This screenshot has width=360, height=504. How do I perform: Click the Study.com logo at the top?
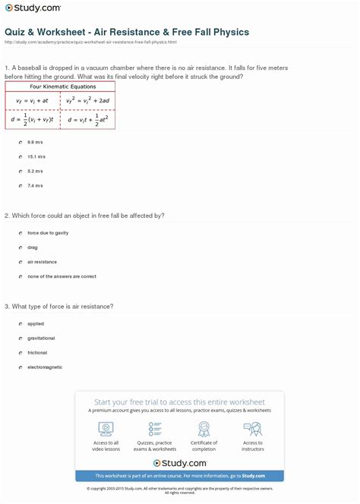click(34, 9)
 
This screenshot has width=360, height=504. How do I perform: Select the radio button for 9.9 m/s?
click(20, 142)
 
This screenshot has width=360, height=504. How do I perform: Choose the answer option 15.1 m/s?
click(20, 156)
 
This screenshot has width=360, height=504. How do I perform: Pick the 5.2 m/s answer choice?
click(20, 171)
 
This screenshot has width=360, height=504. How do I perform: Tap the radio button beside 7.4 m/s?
click(20, 185)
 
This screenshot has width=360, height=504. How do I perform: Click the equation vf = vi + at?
click(27, 99)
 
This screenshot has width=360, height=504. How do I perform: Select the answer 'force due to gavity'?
click(20, 233)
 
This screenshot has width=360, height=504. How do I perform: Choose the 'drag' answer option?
click(20, 247)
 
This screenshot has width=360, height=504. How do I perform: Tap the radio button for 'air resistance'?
click(20, 262)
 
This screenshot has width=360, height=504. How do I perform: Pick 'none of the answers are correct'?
click(20, 276)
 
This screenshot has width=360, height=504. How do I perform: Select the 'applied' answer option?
click(20, 323)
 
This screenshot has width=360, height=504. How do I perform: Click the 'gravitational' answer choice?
click(20, 338)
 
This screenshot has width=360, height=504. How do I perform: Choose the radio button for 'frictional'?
click(20, 352)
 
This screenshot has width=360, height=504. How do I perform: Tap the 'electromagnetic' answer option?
click(20, 367)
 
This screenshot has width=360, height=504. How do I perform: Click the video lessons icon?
click(106, 429)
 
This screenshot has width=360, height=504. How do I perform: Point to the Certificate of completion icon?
click(204, 429)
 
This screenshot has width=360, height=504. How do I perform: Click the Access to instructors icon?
click(253, 429)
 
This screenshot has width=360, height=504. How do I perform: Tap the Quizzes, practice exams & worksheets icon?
click(155, 429)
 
